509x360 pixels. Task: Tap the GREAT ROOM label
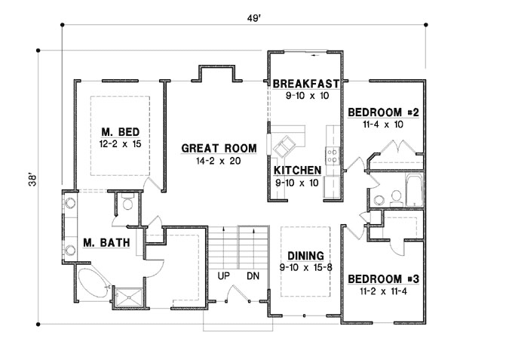[219, 148]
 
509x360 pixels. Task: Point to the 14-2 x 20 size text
[219, 160]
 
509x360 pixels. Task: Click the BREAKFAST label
[305, 83]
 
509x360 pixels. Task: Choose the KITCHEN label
[298, 170]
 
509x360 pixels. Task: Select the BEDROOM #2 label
[382, 112]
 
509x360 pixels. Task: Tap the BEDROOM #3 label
[382, 278]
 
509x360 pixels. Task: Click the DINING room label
[305, 254]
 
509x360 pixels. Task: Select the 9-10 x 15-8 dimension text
[305, 266]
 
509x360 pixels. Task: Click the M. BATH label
[106, 242]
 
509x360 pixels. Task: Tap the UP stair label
[225, 275]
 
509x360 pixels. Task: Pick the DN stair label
[253, 275]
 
